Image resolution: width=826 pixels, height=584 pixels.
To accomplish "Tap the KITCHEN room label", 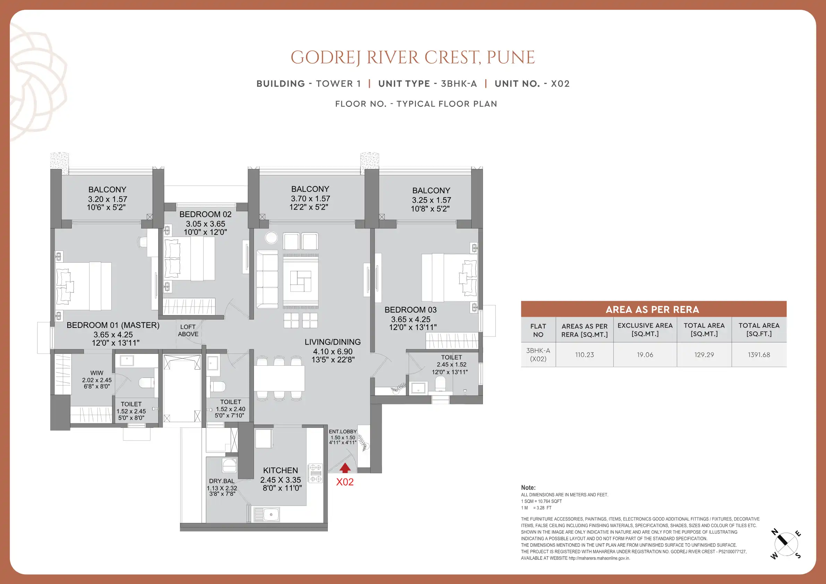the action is [281, 470].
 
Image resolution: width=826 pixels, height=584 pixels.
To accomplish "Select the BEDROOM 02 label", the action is [205, 214].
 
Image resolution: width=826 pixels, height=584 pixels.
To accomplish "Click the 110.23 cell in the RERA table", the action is [585, 354].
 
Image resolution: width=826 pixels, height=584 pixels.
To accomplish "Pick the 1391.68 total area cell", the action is [759, 354].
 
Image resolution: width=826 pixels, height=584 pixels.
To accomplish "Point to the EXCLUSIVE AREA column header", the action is [645, 329].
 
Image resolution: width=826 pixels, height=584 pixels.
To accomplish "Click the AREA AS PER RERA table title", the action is [653, 310].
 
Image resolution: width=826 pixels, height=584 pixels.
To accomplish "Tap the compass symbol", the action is [786, 544].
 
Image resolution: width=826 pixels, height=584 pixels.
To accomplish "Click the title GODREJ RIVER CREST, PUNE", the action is [412, 58].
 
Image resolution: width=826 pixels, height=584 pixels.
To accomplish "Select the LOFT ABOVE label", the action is [188, 330].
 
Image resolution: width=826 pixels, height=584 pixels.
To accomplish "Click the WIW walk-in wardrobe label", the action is [97, 373].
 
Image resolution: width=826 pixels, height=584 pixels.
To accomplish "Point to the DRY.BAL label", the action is [222, 481].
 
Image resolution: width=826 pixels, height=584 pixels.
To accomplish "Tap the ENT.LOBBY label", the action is [343, 431].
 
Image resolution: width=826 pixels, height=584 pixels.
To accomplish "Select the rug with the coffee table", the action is [301, 281].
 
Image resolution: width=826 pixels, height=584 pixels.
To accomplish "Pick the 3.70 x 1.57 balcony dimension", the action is [310, 198].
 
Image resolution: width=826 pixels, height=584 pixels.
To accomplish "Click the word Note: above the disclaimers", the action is [528, 488].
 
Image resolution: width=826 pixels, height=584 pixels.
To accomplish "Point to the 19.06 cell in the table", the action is [645, 354].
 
